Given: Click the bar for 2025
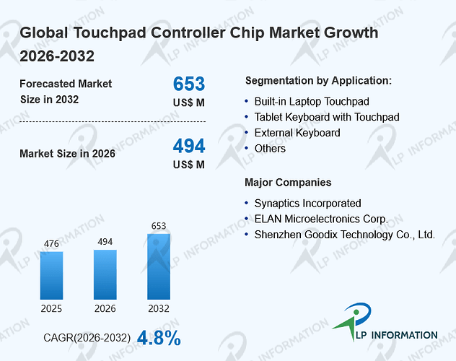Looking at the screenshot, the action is click(x=51, y=276).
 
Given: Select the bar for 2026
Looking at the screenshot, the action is click(x=105, y=274).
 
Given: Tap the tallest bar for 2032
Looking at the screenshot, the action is click(x=159, y=266).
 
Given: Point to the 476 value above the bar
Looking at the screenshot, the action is click(x=51, y=243).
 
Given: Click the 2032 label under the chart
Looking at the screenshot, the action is click(x=159, y=308).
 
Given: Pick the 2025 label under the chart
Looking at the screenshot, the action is click(x=51, y=308).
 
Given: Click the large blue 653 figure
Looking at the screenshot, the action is click(x=189, y=84).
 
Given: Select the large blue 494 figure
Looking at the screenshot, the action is click(x=189, y=146).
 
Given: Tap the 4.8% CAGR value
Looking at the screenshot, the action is click(x=159, y=338).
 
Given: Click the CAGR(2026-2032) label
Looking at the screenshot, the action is click(x=87, y=338).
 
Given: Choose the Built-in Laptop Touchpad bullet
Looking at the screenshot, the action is click(x=312, y=102).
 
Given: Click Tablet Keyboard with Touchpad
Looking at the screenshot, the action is click(x=327, y=117).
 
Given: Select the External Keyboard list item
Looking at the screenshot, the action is click(x=297, y=133).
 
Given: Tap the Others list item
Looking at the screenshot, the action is click(x=270, y=149).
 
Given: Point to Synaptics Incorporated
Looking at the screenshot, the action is click(x=307, y=204).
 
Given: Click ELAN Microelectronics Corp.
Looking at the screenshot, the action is click(x=321, y=219).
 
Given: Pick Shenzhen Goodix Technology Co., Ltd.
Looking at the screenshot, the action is click(x=345, y=235).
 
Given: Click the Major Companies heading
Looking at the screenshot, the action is click(x=288, y=183).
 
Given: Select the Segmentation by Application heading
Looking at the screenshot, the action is click(x=318, y=81).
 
